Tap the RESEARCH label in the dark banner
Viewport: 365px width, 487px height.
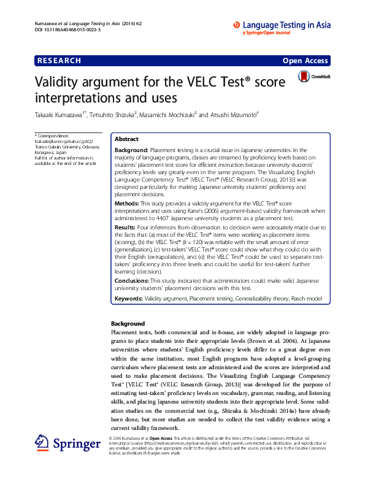[x=59, y=60]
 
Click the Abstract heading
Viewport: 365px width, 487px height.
[x=127, y=139]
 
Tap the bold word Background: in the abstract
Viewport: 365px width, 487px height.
[x=131, y=150]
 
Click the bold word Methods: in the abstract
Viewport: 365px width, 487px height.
[x=128, y=202]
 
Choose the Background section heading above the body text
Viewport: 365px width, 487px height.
[x=128, y=323]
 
